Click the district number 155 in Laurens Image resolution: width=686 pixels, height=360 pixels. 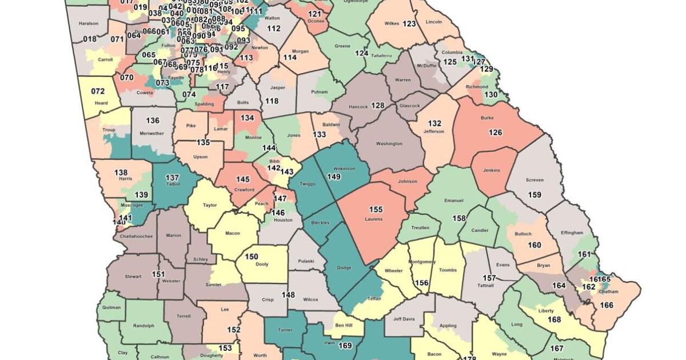376,210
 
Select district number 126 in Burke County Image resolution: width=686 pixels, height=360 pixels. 495,133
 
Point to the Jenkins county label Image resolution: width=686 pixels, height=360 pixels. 492,170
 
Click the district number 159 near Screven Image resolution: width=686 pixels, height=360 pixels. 535,195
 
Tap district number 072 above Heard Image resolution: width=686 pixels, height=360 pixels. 98,91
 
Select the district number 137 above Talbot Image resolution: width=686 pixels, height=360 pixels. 172,178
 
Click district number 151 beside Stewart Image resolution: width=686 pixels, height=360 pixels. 158,274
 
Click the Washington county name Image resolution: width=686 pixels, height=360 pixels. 389,143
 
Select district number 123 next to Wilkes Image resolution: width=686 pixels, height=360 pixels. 409,23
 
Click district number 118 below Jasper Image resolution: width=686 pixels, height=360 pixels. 272,101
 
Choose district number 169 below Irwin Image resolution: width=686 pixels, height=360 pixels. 345,345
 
